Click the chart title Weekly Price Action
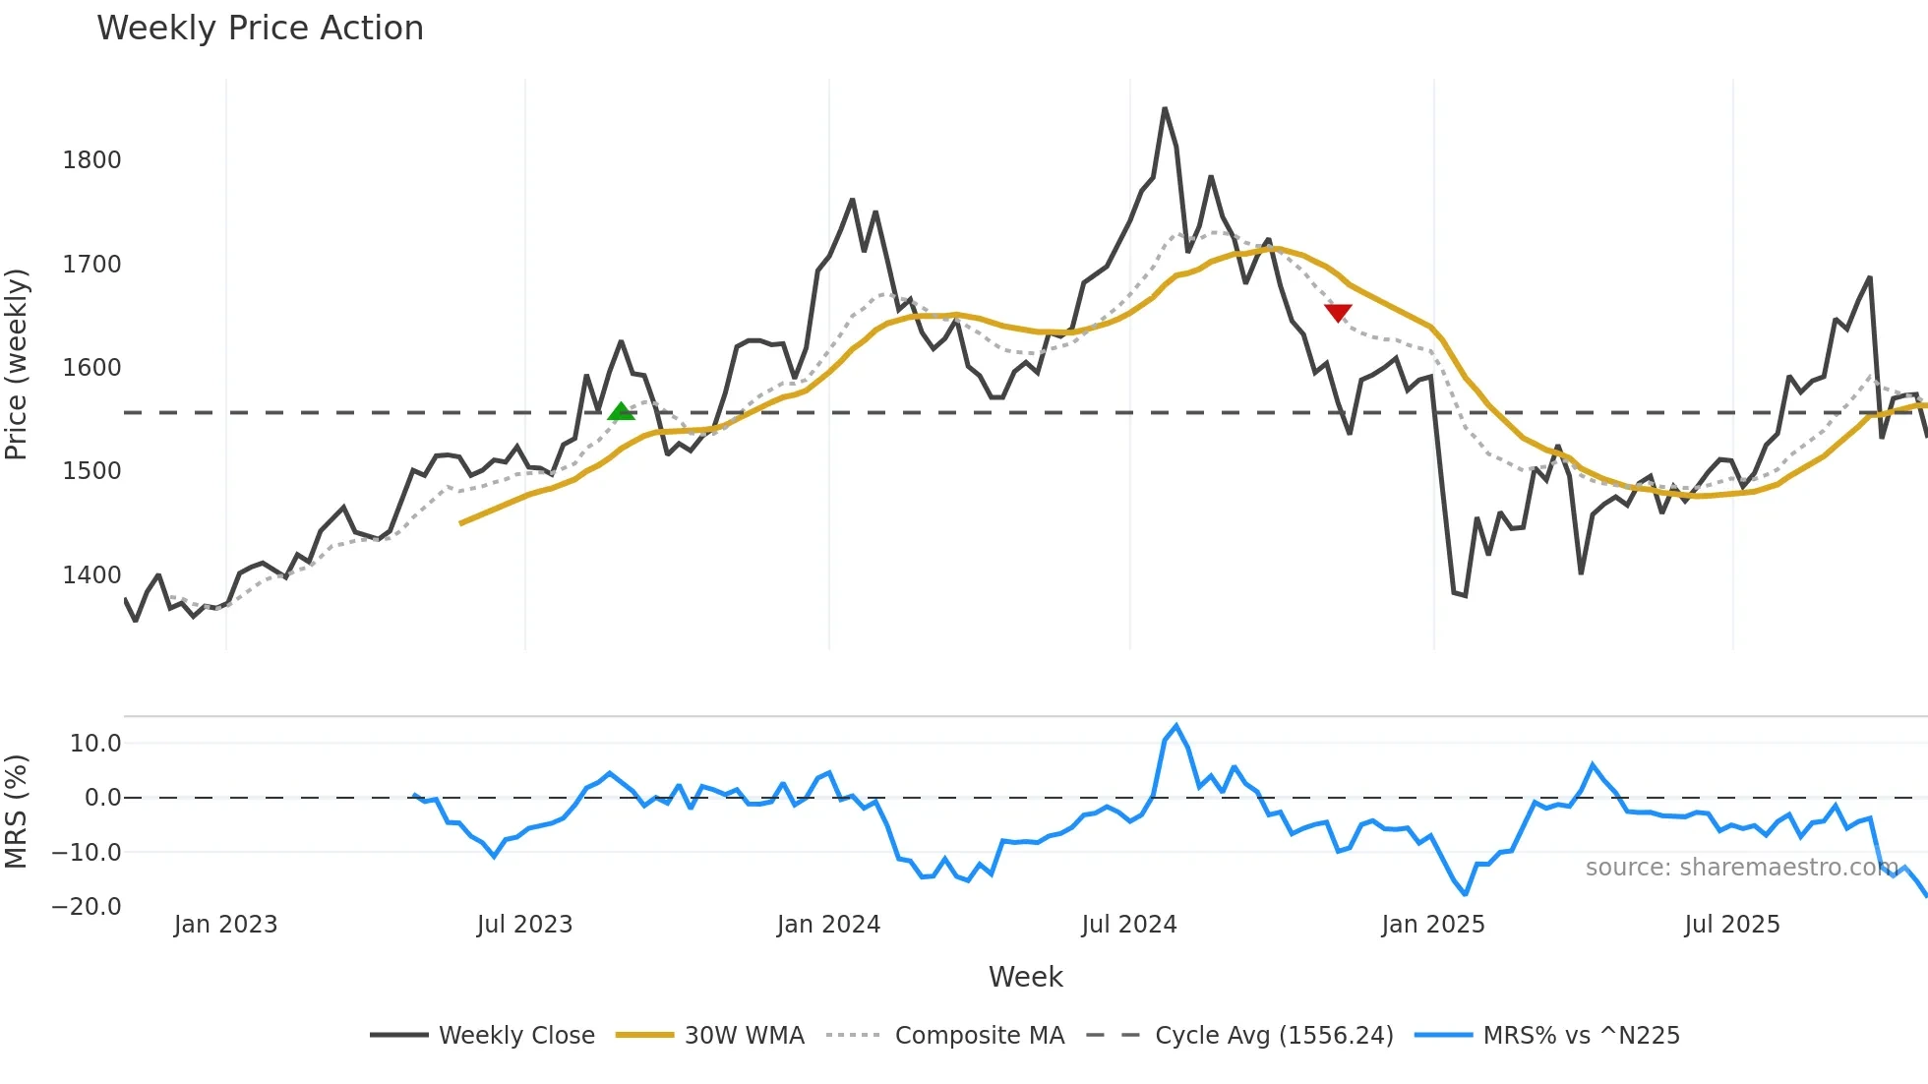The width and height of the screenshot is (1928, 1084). pos(260,29)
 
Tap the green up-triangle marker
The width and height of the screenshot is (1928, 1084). pos(621,411)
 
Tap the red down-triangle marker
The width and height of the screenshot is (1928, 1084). pos(1338,313)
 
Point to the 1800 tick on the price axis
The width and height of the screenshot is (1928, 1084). pos(91,160)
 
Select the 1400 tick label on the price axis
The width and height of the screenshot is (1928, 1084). pos(91,575)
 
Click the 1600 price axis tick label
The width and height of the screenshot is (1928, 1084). pos(91,368)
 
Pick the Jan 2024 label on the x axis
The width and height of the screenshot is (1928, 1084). pos(828,925)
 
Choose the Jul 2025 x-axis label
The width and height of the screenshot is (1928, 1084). pos(1731,925)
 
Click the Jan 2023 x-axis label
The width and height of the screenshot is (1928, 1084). pos(225,925)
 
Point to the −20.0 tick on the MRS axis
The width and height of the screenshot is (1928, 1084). pos(87,907)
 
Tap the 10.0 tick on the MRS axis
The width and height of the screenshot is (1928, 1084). pos(95,744)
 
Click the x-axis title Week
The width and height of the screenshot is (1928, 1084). pos(1025,977)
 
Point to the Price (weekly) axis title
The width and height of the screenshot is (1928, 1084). pos(17,364)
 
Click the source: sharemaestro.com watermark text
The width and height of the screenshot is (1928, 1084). pos(1741,868)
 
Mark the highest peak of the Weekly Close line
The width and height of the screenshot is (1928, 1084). pos(1165,108)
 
